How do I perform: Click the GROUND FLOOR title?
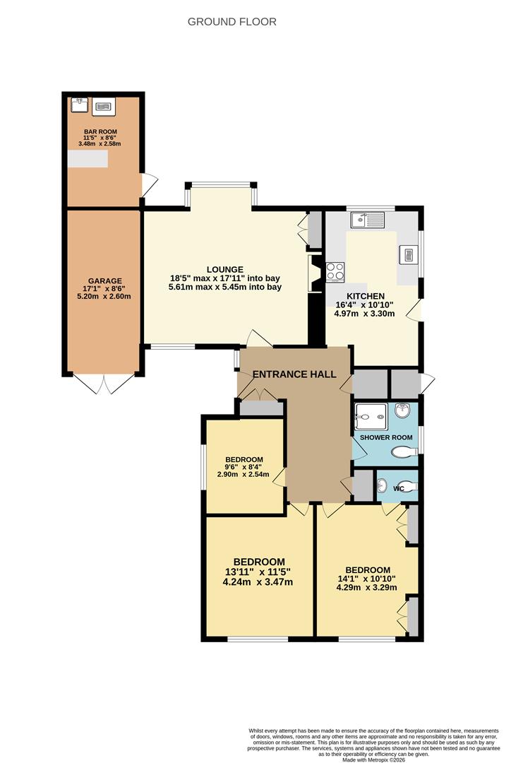click(x=232, y=22)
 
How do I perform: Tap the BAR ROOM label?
click(x=100, y=131)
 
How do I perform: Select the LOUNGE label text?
click(x=225, y=269)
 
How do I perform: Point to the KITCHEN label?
click(x=365, y=296)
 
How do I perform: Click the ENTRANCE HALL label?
click(x=294, y=374)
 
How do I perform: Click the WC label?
click(x=398, y=487)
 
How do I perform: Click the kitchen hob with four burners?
click(x=335, y=271)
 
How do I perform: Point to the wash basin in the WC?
click(x=382, y=486)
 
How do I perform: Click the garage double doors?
click(x=104, y=384)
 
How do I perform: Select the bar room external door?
click(x=148, y=185)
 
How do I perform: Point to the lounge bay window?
click(x=221, y=186)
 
